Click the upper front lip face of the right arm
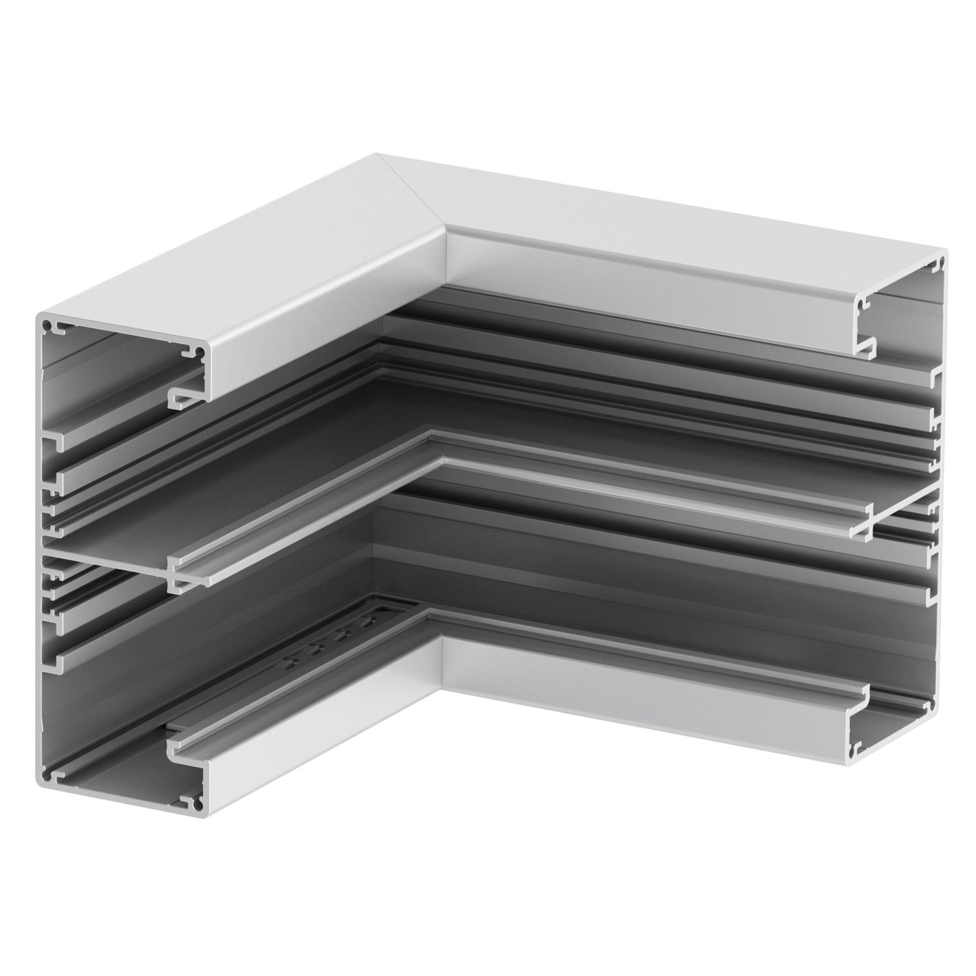pos(651,286)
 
